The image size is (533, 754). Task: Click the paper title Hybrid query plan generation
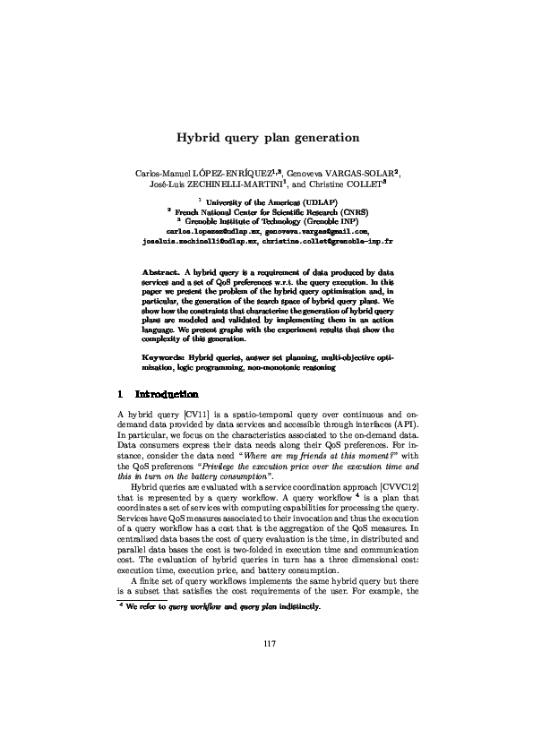(x=267, y=138)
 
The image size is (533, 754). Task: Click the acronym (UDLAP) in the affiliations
(x=314, y=203)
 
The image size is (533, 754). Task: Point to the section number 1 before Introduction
(x=120, y=394)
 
